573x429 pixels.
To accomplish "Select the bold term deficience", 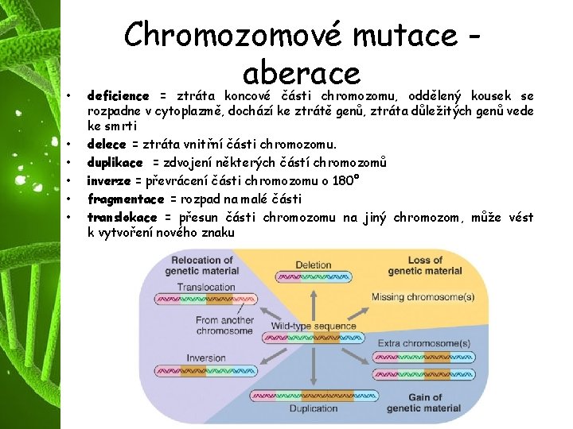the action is [118, 95].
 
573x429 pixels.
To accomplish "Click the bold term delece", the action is [106, 144].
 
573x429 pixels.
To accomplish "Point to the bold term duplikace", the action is [115, 162].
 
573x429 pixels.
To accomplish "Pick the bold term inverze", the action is [108, 180].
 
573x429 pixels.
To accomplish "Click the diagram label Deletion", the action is [313, 265].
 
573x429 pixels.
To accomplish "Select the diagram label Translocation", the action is [205, 288].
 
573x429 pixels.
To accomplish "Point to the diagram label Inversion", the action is [205, 358].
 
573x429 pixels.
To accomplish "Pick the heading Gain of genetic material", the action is [423, 403].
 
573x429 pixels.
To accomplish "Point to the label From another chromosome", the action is [224, 326].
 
